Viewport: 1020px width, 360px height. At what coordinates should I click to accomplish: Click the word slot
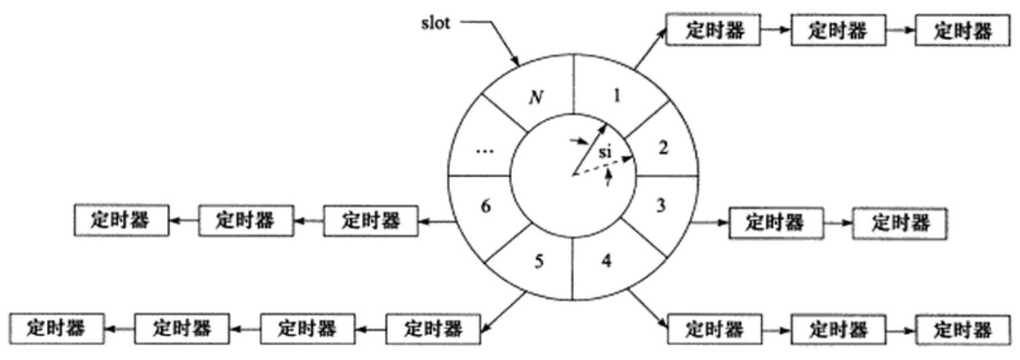click(435, 23)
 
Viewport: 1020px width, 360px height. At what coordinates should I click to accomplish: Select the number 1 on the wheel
click(616, 96)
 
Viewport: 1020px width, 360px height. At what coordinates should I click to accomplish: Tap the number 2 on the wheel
click(662, 148)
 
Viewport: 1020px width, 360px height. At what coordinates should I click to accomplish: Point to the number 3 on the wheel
click(661, 206)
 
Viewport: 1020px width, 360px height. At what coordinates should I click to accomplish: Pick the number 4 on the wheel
click(607, 260)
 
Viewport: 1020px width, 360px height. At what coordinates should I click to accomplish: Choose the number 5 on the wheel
click(538, 261)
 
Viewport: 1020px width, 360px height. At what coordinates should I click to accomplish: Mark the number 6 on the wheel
click(486, 206)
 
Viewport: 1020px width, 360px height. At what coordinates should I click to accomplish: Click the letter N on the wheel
click(536, 98)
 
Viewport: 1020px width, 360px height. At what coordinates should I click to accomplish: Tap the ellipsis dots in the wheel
click(485, 151)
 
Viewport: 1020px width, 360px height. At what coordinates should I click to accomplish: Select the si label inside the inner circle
click(605, 151)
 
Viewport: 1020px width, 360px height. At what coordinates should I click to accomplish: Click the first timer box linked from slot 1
click(712, 30)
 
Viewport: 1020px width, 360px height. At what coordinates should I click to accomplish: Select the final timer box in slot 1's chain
click(962, 30)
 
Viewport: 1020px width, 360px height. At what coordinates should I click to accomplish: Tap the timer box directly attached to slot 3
click(775, 223)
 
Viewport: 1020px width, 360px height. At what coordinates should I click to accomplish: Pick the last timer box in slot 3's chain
click(899, 223)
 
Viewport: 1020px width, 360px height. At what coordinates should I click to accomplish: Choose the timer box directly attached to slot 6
click(370, 221)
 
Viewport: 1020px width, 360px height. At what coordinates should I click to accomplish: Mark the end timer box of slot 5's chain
click(56, 328)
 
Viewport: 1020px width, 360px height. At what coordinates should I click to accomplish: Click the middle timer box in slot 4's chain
click(838, 329)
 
